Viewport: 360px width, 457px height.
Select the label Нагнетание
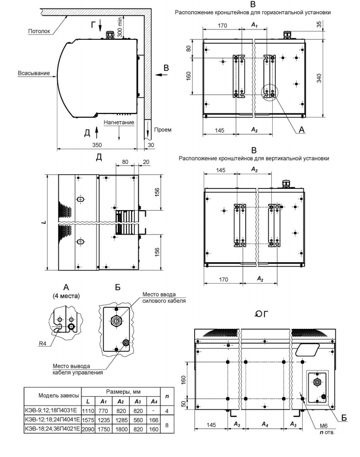(119, 122)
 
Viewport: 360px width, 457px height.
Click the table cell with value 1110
(87, 409)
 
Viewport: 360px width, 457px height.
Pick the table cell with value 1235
(103, 419)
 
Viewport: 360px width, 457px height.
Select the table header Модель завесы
(52, 395)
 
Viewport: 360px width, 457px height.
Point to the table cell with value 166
(154, 419)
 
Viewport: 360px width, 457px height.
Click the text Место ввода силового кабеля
(164, 297)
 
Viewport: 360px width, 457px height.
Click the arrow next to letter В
(158, 75)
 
